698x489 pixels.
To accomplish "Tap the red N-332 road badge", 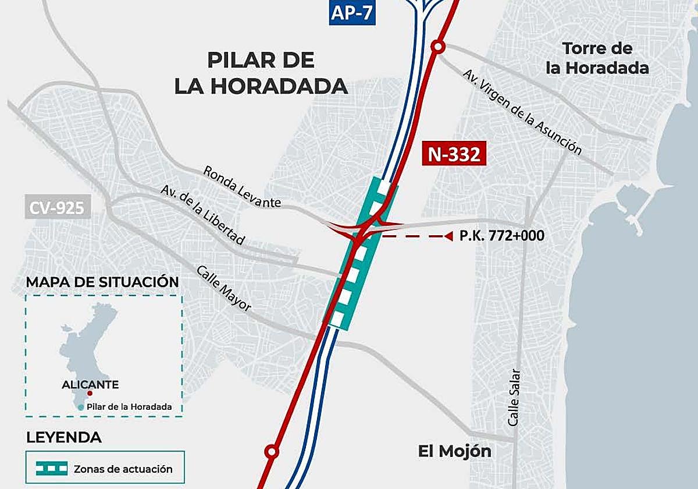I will click(454, 154).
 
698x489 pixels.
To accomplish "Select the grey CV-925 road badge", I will click(58, 207).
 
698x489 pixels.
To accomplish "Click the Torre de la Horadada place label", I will click(597, 58).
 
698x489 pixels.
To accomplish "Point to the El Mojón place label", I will click(455, 451).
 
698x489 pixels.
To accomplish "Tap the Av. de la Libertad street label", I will click(203, 215).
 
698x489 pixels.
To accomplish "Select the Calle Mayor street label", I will click(224, 289).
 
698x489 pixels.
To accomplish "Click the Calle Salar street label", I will click(513, 398).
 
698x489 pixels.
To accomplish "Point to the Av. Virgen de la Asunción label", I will click(522, 112).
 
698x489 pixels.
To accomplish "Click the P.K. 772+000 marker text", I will click(502, 236).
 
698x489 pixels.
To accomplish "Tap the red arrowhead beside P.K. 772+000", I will click(448, 236).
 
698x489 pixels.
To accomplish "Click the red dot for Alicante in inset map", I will click(90, 394).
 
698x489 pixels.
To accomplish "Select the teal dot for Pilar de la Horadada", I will click(80, 407).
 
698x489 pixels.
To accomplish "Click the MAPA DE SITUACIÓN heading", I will click(102, 282).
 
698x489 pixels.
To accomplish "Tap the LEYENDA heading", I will click(64, 437).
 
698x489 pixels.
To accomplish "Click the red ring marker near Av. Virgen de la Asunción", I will click(438, 47).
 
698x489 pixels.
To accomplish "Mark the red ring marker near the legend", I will click(271, 451).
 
